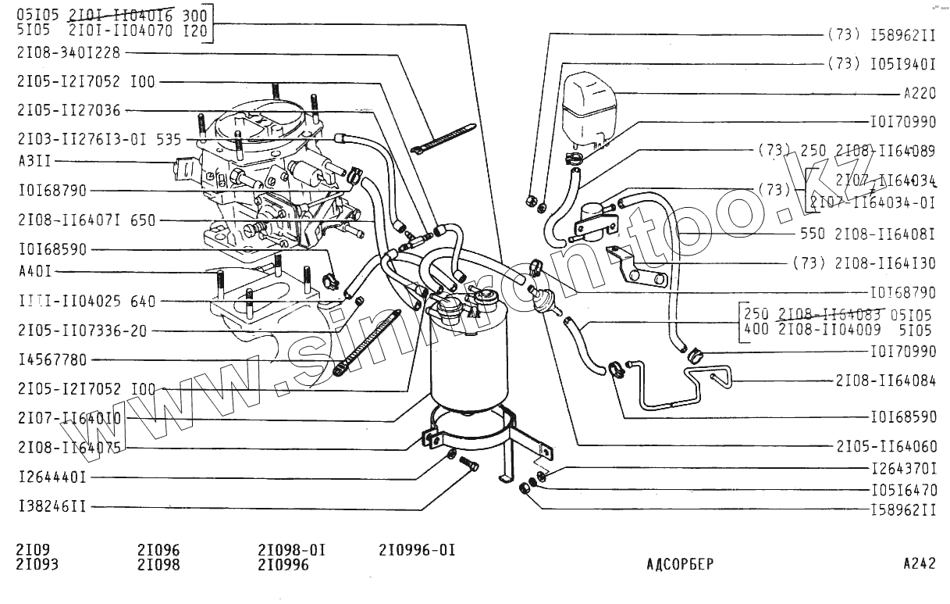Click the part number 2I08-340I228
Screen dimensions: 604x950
point(69,52)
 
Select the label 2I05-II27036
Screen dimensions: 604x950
point(69,111)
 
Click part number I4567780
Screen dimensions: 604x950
point(52,360)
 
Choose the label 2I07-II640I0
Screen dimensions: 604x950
point(69,419)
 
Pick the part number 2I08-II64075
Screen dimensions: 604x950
point(69,449)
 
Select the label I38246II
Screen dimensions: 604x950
point(52,507)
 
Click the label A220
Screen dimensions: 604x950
point(920,94)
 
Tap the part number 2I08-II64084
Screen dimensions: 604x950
point(885,381)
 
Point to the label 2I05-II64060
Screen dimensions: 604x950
point(885,446)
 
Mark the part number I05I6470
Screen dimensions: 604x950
point(903,491)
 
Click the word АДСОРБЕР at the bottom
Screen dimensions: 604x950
point(680,564)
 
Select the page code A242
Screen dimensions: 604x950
point(919,564)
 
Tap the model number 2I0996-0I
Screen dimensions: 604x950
point(416,550)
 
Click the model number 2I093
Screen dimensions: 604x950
point(37,564)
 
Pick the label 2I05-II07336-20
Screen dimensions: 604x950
point(82,331)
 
